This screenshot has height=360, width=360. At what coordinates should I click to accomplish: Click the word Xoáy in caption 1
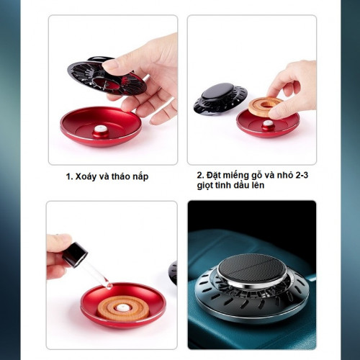coord(86,176)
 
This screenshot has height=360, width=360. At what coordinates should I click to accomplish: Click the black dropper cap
coord(75,255)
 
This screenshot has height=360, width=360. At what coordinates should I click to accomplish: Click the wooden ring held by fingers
coord(264,106)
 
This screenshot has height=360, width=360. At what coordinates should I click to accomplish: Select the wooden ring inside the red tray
coord(122,309)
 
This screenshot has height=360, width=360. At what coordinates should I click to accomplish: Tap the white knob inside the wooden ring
coord(122,307)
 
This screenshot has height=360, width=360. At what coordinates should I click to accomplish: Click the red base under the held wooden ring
coord(268,124)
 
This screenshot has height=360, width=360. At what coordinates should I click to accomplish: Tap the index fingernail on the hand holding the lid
coord(109,64)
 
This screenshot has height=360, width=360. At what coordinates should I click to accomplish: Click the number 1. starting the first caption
coord(69,177)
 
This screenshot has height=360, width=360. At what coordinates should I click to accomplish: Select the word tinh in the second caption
coord(224,185)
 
